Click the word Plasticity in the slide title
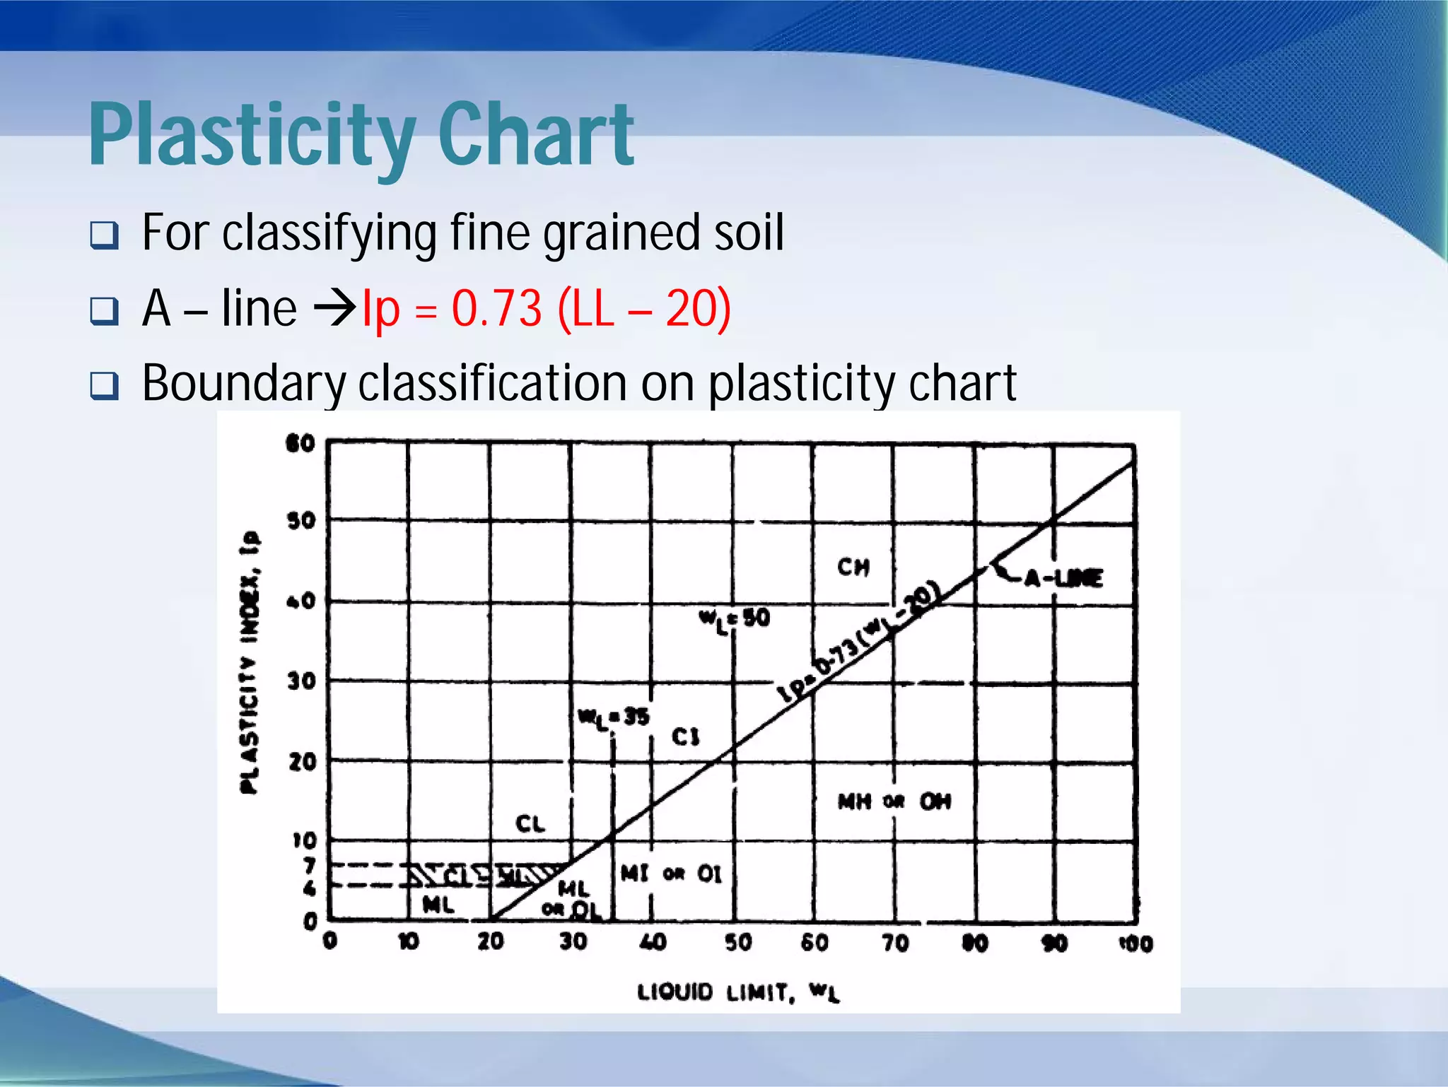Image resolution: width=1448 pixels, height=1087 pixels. [x=251, y=136]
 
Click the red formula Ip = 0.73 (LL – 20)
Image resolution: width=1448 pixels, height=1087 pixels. [x=546, y=309]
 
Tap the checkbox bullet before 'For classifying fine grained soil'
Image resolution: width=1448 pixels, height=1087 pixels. [x=105, y=235]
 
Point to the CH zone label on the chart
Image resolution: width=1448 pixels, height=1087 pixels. [x=853, y=567]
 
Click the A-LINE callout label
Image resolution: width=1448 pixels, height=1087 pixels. [x=1063, y=579]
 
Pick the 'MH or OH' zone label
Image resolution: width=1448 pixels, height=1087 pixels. [x=894, y=801]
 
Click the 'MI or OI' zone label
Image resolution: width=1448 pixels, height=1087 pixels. [x=671, y=874]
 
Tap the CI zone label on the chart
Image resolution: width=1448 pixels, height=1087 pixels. [x=685, y=737]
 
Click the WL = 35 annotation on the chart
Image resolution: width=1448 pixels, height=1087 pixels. [x=613, y=718]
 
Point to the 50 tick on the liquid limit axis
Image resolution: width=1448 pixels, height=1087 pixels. [x=737, y=942]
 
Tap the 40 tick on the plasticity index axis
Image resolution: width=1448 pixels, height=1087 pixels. [x=301, y=601]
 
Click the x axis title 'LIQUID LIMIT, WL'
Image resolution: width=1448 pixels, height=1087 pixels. [x=738, y=992]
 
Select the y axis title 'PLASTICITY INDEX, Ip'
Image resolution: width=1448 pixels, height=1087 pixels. [x=250, y=662]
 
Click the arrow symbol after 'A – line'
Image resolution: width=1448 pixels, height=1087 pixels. [x=334, y=309]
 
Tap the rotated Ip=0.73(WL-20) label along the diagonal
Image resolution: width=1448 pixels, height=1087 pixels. [x=860, y=643]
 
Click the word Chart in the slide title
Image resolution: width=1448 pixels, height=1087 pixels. [x=535, y=136]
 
